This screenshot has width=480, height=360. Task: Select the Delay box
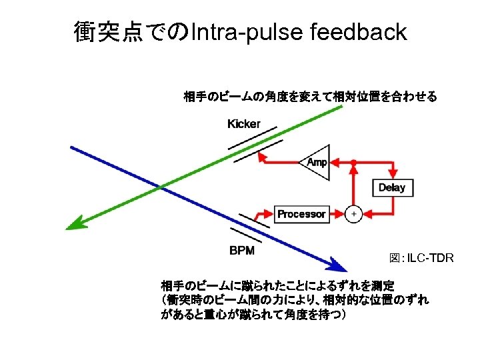point(392,188)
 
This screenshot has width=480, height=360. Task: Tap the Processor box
point(301,214)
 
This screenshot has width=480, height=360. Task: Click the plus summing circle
point(353,214)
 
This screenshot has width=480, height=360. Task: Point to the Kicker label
point(244,124)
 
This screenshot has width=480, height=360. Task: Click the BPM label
point(242,251)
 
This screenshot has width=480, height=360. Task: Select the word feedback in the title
point(358,31)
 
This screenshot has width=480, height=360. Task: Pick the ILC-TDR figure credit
point(421,258)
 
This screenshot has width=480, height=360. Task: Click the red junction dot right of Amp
point(353,162)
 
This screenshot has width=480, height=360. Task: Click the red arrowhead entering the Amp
point(335,162)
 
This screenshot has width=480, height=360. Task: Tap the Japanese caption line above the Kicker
point(310,97)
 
